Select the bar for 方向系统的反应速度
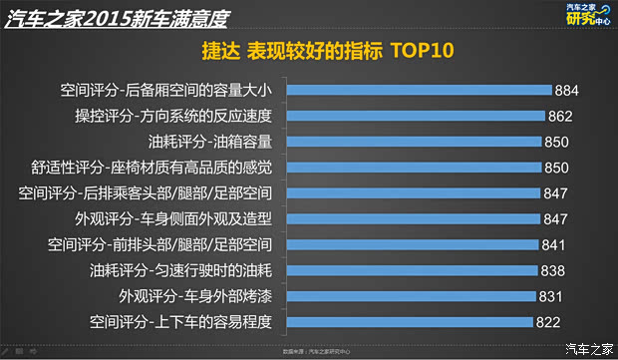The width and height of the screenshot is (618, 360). [x=417, y=116]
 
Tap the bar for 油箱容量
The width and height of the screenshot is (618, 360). [x=414, y=142]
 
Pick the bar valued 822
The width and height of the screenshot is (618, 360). [x=408, y=321]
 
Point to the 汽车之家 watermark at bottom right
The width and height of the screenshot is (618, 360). [x=588, y=347]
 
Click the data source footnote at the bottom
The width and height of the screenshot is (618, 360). [x=308, y=351]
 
